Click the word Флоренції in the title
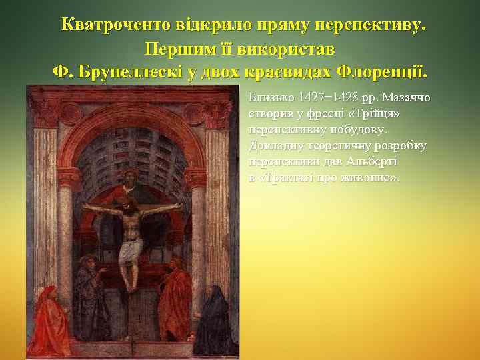pyautogui.click(x=383, y=71)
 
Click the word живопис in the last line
pyautogui.click(x=370, y=178)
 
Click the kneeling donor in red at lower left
pyautogui.click(x=49, y=320)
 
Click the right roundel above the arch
pyautogui.click(x=194, y=113)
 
